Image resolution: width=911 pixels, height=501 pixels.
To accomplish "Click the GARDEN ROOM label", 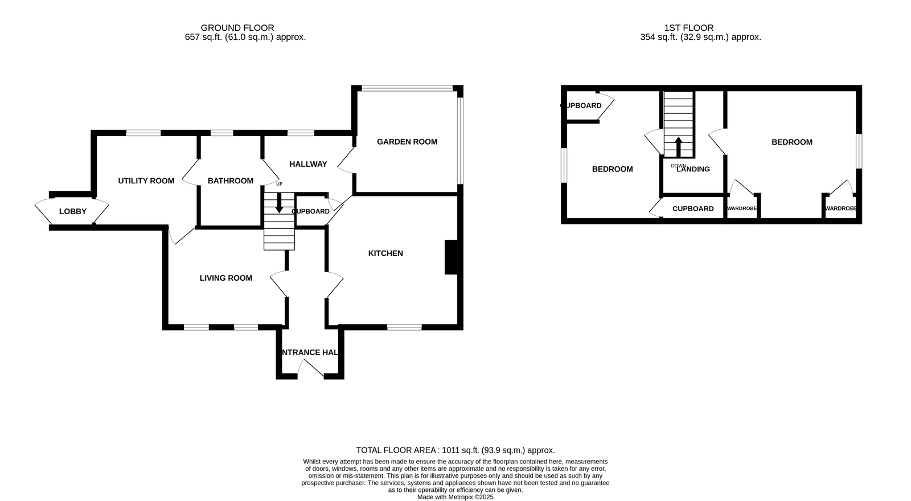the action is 407,142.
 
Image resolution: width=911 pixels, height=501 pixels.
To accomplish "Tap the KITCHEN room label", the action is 385,253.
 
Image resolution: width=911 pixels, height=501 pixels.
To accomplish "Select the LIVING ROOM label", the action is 225,278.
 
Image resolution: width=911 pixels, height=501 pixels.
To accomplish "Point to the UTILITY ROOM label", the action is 146,181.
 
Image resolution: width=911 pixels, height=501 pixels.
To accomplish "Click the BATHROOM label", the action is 231,181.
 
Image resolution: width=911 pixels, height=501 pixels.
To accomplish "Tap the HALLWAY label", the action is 308,165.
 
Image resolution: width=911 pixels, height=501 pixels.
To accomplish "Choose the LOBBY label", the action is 73,211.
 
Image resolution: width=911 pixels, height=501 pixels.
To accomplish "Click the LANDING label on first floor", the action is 693,169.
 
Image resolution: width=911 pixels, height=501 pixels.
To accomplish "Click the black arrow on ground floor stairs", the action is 279,203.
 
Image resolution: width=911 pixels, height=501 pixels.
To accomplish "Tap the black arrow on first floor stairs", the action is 678,147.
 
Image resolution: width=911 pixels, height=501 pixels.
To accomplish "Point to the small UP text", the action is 280,184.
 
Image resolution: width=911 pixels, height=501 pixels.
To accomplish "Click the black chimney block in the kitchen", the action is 452,257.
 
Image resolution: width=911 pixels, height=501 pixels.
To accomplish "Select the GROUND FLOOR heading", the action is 237,28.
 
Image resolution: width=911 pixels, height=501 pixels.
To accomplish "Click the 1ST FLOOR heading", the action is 689,28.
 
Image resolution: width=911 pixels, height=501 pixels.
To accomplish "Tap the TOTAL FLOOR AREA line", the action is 455,450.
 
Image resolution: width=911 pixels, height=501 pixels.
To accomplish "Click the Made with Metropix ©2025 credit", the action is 455,498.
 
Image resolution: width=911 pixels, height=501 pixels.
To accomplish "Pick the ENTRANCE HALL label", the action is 310,352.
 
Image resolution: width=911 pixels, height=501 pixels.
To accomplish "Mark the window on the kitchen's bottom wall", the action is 404,327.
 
